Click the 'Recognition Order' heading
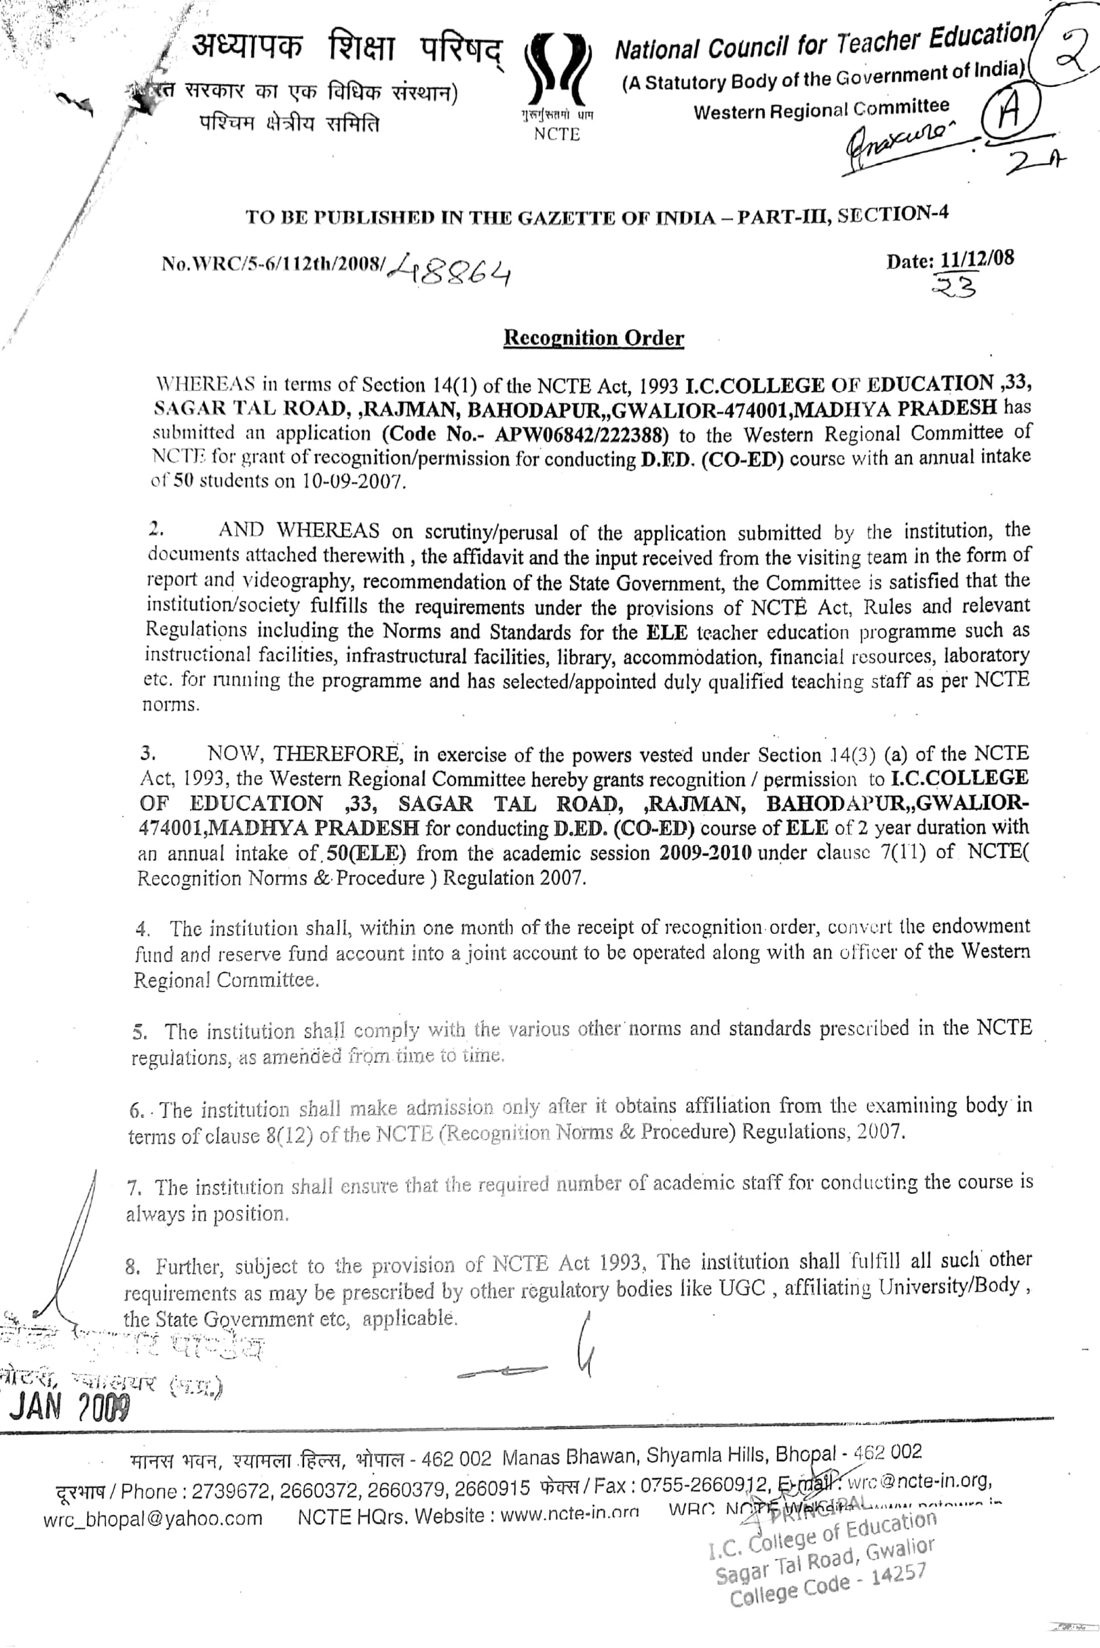(594, 338)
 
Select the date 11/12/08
(976, 259)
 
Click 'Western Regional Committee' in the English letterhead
(821, 109)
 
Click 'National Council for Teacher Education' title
(824, 43)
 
